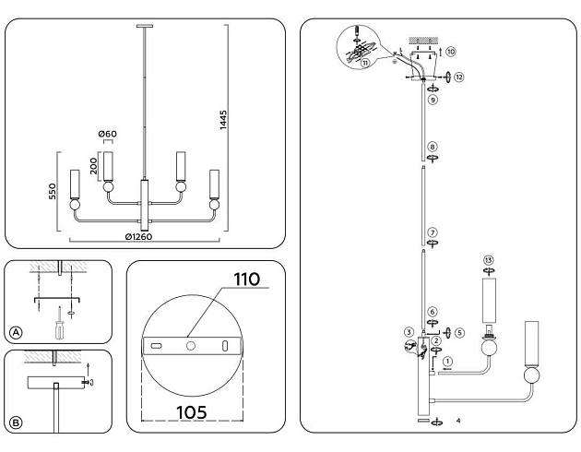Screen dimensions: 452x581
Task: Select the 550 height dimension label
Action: [x=53, y=191]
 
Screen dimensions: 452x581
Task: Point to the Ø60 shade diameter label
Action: [x=108, y=135]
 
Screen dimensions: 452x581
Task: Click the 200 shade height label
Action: [x=94, y=164]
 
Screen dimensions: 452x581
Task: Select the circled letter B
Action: [x=15, y=423]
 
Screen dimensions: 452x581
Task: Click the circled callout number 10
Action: [x=451, y=53]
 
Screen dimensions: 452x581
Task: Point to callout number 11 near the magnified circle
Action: [x=366, y=62]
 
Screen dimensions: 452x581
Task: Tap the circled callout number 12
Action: [x=458, y=77]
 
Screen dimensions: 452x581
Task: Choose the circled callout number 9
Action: [x=432, y=98]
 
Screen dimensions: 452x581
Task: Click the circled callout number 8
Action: [x=432, y=146]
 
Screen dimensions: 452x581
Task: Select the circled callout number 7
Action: [x=432, y=232]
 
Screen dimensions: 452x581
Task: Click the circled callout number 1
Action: [x=447, y=361]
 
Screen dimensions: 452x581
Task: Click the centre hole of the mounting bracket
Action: [x=190, y=345]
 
